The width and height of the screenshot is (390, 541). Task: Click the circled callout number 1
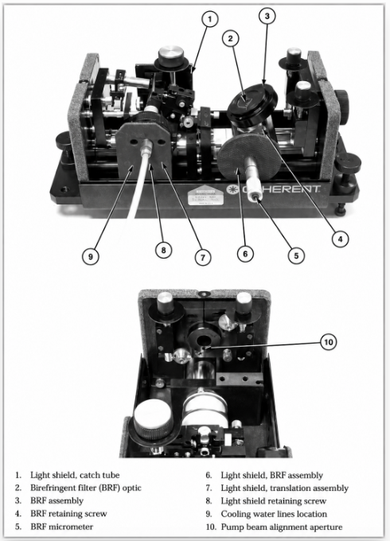coord(210,19)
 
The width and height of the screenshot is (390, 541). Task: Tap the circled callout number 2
coord(231,38)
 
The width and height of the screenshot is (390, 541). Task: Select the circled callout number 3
coord(267,16)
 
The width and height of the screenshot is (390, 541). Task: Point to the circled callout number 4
coord(341,239)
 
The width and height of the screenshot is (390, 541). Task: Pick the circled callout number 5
coord(296,255)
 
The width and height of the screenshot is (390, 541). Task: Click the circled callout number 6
coord(245,254)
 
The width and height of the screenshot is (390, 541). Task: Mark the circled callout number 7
coord(203,257)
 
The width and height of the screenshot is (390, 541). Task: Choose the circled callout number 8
coord(163,250)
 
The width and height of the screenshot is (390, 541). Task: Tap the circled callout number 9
coord(91,257)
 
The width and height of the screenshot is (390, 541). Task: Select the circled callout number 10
coord(328,342)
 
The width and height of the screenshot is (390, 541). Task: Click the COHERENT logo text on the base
coord(273,189)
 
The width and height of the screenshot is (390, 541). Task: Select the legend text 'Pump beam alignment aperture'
coord(282,527)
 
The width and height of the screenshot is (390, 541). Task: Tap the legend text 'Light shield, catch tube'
coord(75,475)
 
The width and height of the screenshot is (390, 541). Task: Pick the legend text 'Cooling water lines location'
coord(274,514)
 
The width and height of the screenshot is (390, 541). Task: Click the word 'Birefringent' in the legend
coord(52,488)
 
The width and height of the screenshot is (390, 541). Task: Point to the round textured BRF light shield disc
coord(249,158)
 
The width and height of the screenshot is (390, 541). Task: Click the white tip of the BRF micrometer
coord(256,195)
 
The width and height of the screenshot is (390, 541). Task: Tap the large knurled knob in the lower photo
coord(153,419)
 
